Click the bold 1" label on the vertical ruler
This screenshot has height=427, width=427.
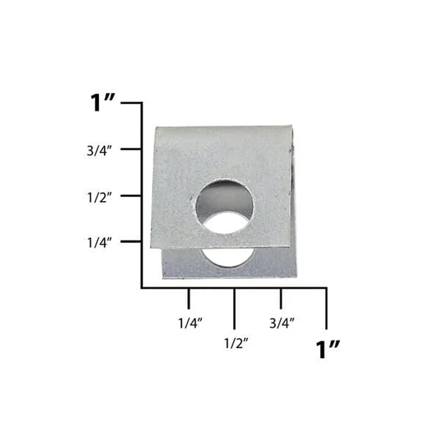point(102,103)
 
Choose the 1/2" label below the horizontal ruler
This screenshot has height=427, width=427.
point(236,344)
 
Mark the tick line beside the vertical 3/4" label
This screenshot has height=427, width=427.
point(131,149)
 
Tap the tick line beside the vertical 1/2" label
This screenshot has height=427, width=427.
point(131,196)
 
